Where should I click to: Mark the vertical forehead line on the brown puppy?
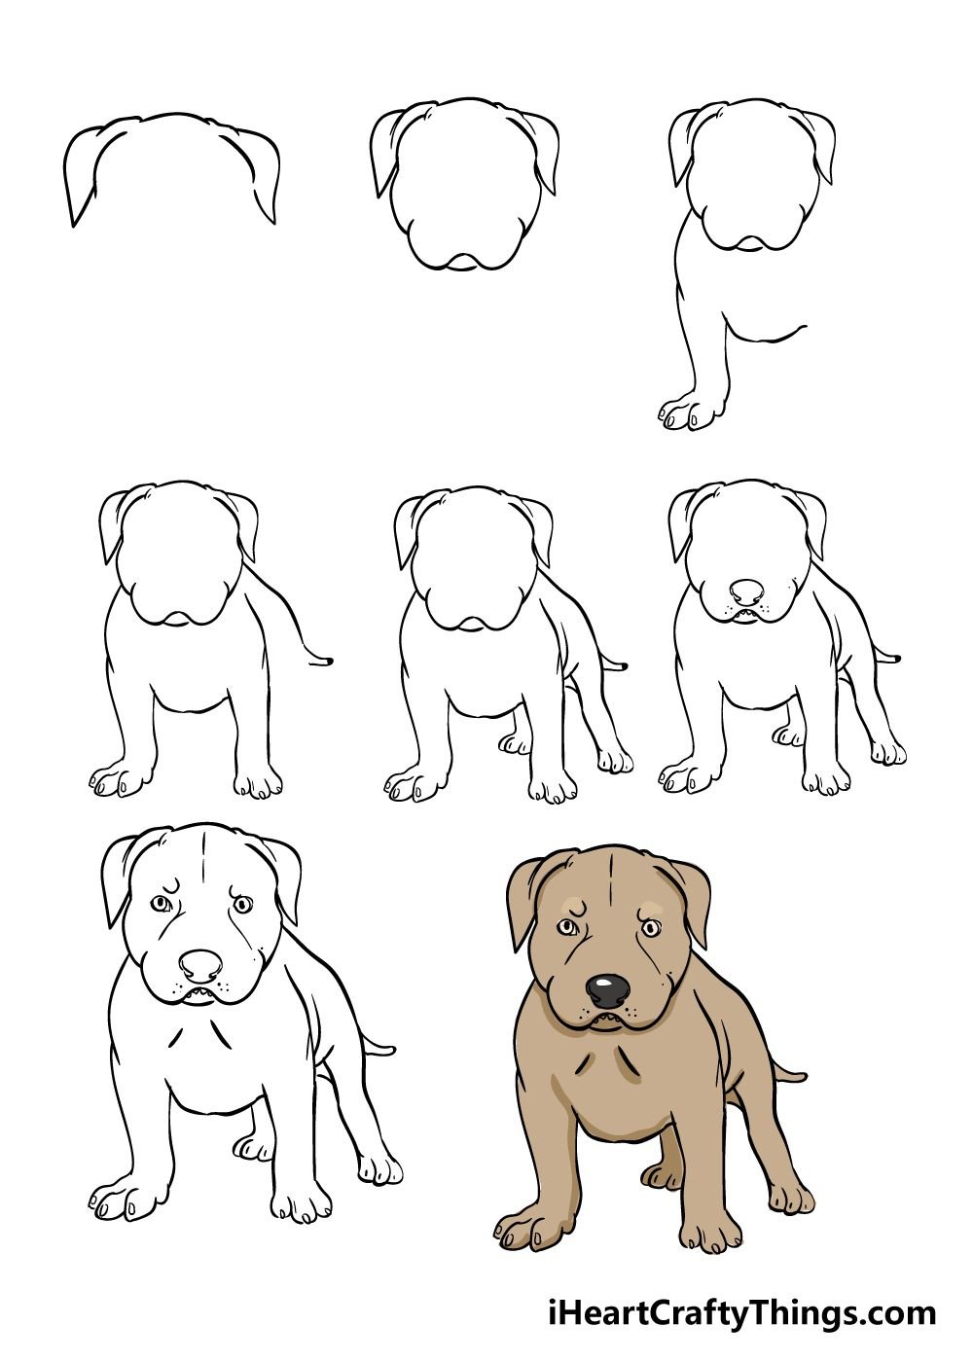[x=608, y=883]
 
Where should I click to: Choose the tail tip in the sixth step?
[x=894, y=658]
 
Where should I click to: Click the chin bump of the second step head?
[x=463, y=262]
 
